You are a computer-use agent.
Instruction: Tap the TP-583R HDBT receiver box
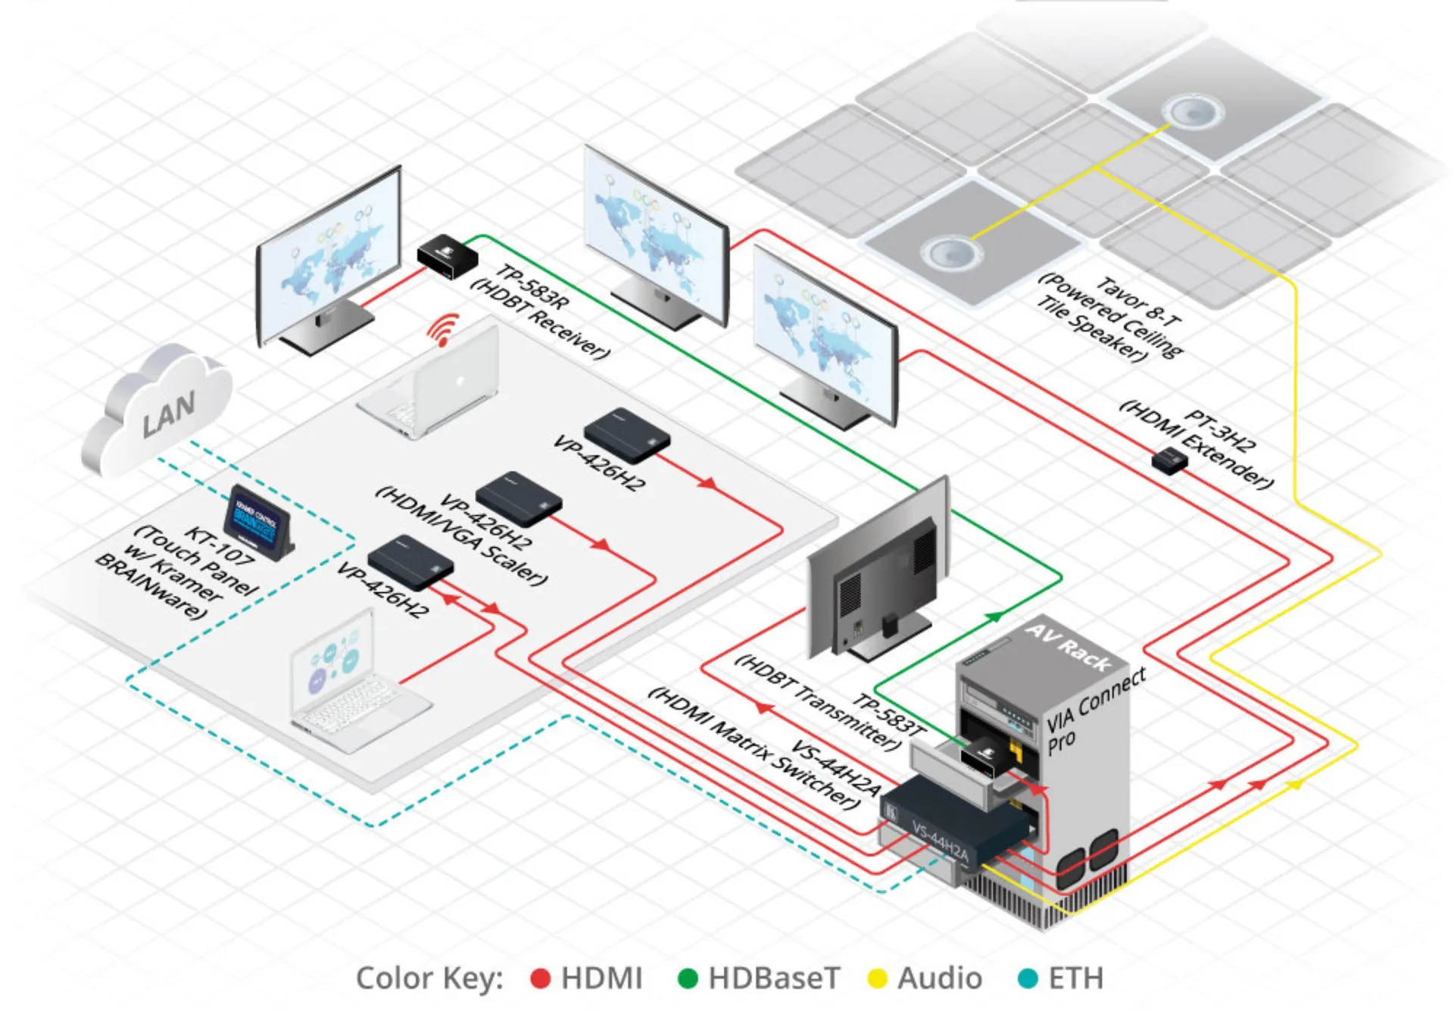(x=447, y=256)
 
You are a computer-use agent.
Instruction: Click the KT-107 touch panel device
(x=257, y=523)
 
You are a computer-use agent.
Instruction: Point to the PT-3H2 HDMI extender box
(x=1169, y=460)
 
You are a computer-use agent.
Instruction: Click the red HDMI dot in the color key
(x=540, y=979)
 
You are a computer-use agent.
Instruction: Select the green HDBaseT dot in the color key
(x=687, y=979)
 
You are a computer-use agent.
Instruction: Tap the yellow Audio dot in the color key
(x=877, y=979)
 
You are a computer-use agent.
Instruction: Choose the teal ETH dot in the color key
(x=1028, y=979)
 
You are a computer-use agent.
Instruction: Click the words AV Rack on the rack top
(x=1069, y=648)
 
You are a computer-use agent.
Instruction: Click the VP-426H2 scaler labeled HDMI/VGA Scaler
(x=518, y=500)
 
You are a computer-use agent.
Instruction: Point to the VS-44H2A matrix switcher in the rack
(x=954, y=826)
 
